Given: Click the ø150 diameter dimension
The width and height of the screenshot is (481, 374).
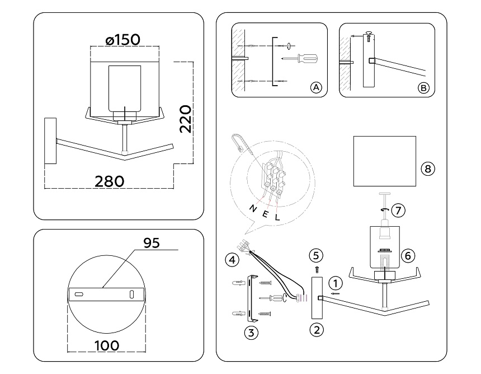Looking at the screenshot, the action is [122, 40].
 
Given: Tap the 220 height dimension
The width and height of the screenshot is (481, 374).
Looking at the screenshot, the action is [185, 119].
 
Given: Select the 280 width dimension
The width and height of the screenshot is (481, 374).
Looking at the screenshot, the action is [110, 181].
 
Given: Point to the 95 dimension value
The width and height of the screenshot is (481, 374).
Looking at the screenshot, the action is [152, 243].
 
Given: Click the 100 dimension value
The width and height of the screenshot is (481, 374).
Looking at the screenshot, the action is [107, 346].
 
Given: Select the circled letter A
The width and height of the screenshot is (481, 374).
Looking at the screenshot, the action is [316, 87].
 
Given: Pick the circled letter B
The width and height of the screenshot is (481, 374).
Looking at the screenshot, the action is [423, 88].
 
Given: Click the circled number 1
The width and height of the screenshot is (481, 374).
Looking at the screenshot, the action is [336, 283].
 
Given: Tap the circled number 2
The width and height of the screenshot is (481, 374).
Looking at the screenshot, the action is [317, 330].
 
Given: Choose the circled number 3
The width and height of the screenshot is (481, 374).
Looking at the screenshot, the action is [251, 333].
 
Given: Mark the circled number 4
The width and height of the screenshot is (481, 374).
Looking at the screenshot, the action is [232, 260].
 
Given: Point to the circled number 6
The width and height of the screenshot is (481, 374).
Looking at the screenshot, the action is [408, 256].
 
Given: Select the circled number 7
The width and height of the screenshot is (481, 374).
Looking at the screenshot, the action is [398, 211].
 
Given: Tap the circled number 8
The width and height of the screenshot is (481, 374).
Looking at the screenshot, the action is [428, 169].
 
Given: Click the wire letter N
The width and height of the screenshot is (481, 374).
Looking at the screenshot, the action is [253, 209].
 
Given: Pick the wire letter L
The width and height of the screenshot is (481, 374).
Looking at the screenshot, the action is [277, 217].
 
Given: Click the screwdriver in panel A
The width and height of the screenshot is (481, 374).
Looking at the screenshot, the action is [300, 58].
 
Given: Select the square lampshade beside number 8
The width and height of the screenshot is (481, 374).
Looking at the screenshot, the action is [385, 161].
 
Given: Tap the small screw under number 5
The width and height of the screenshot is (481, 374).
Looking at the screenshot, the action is [317, 270].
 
